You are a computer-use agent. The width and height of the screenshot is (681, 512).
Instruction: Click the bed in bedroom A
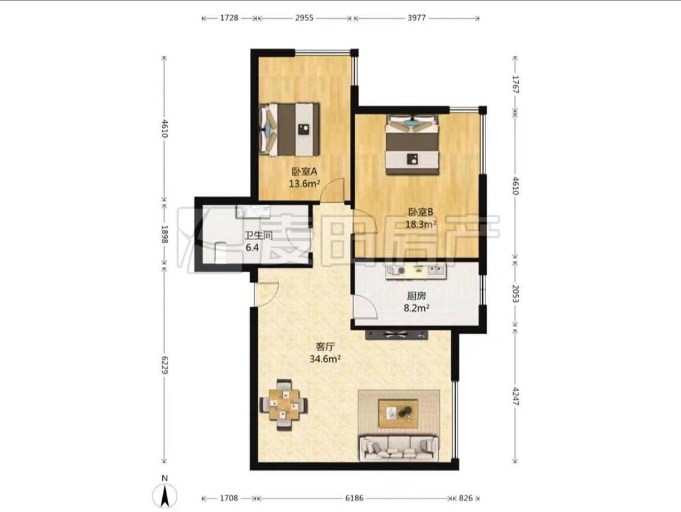pos(289,130)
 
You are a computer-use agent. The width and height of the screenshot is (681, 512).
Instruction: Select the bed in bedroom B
pos(412,145)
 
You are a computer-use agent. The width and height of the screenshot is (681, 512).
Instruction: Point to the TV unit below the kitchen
pos(396,335)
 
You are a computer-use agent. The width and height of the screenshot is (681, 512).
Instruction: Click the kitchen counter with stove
pos(416,271)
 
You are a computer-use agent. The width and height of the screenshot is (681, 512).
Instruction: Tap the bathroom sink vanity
pos(253,211)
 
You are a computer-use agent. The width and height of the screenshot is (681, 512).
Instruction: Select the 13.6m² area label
pos(304,184)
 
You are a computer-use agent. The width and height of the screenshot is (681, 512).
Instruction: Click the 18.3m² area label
pos(421,224)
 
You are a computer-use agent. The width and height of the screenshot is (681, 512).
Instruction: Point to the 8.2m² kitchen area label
pos(416,308)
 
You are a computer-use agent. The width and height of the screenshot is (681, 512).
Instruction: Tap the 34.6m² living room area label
pos(324,359)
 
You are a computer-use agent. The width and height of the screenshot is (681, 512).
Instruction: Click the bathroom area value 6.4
pos(252,248)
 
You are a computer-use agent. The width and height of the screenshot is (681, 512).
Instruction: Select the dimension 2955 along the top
pos(304,18)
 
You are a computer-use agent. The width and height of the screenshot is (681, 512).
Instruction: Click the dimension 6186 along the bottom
pos(354,498)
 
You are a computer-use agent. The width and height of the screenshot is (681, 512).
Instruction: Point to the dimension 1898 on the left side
pos(164,234)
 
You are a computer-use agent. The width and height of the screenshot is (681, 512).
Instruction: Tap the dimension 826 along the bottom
pos(465,498)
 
